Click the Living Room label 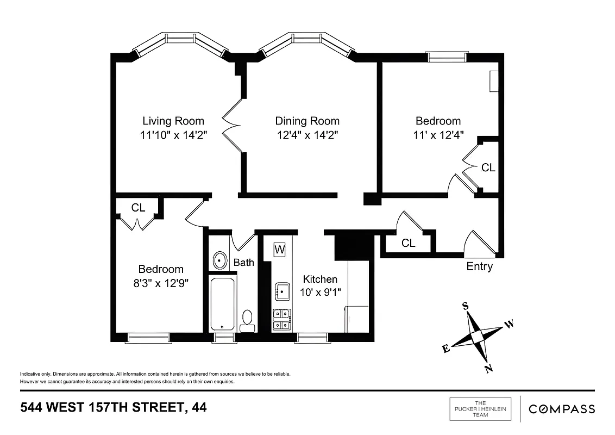pos(173,121)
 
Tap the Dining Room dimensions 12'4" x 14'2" pos(307,135)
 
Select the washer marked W pos(280,250)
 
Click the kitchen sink pos(282,291)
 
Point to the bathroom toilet pos(247,320)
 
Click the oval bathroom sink pos(220,260)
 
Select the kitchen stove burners pos(281,320)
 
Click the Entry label pos(479,266)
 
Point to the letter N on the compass pos(488,369)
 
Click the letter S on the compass pos(466,306)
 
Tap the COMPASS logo pos(562,409)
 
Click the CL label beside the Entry pos(409,243)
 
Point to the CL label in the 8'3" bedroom pos(139,208)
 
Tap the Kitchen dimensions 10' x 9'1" pos(320,293)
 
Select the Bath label pos(244,263)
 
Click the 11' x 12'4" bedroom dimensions pos(438,135)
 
